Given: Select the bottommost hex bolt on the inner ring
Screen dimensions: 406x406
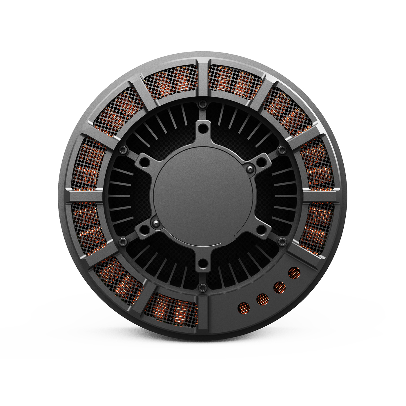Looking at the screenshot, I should point(202,287).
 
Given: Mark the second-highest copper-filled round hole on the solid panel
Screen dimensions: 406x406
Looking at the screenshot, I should point(280,287).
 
